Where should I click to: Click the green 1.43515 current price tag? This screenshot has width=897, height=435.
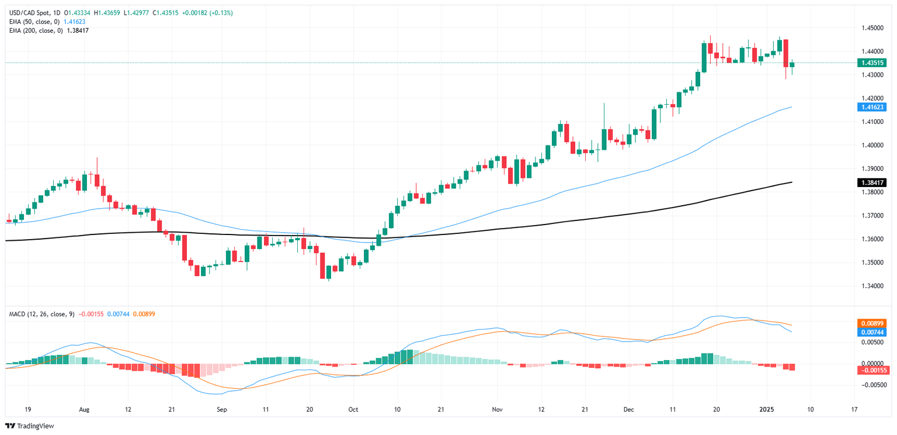(x=871, y=63)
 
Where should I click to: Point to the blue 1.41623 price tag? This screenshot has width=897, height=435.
(x=871, y=107)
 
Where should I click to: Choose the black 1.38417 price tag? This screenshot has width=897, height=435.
(x=871, y=182)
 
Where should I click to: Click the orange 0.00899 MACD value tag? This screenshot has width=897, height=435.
(x=871, y=323)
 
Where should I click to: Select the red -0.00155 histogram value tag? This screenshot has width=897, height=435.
(x=871, y=370)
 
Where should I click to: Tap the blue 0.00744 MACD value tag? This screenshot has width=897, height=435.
(x=871, y=332)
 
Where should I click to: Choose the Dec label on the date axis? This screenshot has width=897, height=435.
(x=628, y=410)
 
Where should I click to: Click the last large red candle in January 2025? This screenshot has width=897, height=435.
(x=785, y=53)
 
